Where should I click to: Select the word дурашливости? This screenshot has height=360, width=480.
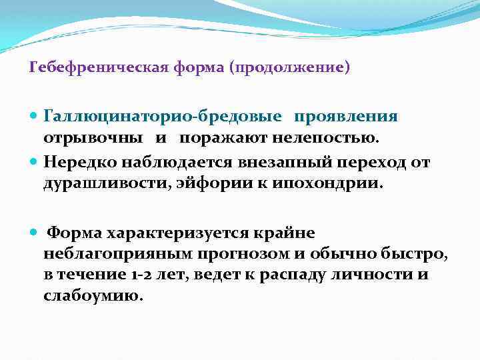106,183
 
